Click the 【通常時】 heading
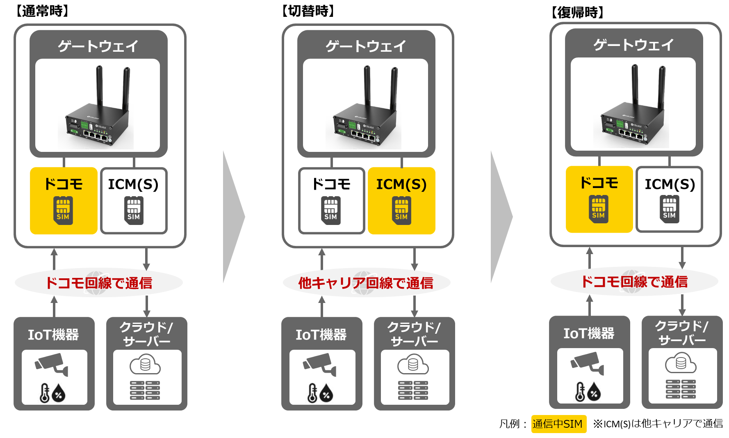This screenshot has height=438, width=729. coord(41,11)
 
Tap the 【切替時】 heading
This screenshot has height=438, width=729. coord(308,11)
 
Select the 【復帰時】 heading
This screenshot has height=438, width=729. coord(577,12)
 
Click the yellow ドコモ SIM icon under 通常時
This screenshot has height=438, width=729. coord(63,211)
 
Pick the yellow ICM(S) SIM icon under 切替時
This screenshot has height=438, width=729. coord(401,211)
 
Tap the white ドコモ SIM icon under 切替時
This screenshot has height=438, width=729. coord(331,211)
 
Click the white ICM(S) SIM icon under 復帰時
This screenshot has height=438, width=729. coord(669,209)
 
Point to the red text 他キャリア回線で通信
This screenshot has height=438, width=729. coord(366,283)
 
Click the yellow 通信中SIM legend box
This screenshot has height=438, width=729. coord(558,424)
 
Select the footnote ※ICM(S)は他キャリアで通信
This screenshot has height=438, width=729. coord(658,424)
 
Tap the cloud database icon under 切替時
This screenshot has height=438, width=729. coord(413,365)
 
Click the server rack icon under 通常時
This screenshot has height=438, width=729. coord(145,390)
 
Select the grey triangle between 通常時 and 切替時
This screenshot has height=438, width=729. coord(234,217)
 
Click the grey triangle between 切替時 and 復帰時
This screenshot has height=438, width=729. coord(501,217)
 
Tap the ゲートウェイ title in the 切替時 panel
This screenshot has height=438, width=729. coord(366,46)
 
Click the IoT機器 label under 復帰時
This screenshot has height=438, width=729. coord(589,333)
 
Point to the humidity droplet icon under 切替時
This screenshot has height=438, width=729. coord(326,394)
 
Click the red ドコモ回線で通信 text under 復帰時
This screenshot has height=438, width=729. coord(634,282)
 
